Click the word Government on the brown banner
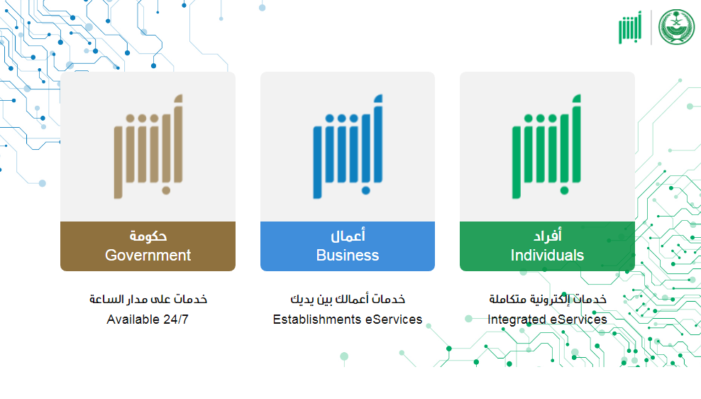(x=148, y=256)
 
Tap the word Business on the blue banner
(x=348, y=256)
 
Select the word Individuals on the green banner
(x=547, y=256)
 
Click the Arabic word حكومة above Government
(x=148, y=236)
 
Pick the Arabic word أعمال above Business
(x=348, y=235)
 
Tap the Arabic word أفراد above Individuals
(x=548, y=235)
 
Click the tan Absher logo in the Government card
(x=148, y=146)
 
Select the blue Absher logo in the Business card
(x=348, y=146)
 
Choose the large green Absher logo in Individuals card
(x=546, y=146)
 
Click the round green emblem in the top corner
(x=676, y=27)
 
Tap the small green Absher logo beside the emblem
(x=630, y=27)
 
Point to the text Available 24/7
(x=148, y=319)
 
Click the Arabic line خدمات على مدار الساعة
(x=148, y=299)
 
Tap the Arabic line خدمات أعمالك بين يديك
(x=348, y=299)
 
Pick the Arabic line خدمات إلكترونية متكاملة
(x=548, y=299)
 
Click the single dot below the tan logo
(x=166, y=190)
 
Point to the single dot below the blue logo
(x=365, y=190)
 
